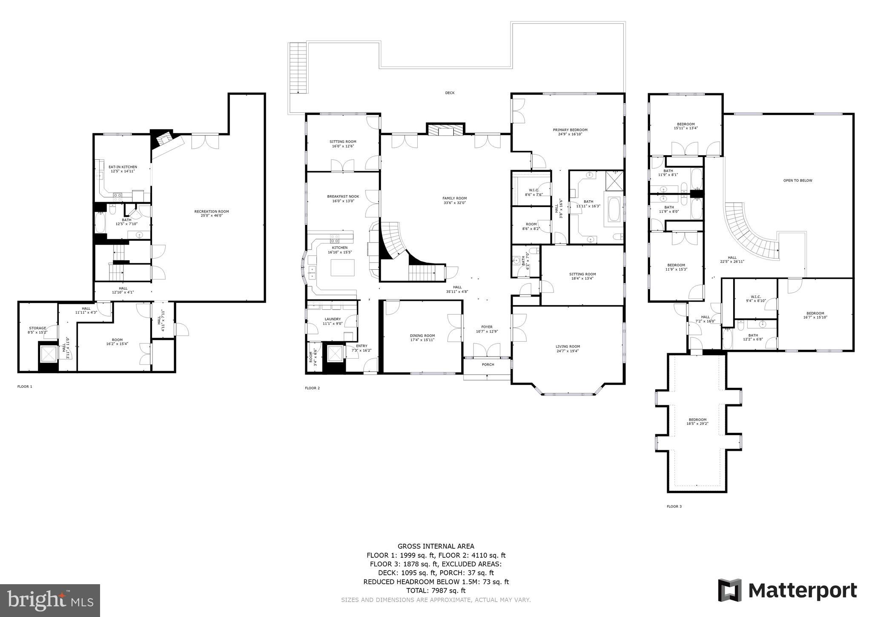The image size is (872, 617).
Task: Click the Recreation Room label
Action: pyautogui.click(x=212, y=211)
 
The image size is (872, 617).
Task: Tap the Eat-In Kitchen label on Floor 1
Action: pyautogui.click(x=123, y=167)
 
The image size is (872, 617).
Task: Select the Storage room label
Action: pyautogui.click(x=37, y=328)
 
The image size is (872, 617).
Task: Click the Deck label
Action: pyautogui.click(x=450, y=93)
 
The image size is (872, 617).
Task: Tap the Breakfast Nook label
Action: pyautogui.click(x=343, y=196)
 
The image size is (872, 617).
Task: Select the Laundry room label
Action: pyautogui.click(x=333, y=319)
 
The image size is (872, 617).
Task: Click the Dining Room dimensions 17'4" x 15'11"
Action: pyautogui.click(x=422, y=340)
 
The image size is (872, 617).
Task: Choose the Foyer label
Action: pyautogui.click(x=487, y=327)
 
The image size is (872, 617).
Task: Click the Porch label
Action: pyautogui.click(x=488, y=364)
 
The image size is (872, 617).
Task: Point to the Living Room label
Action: pyautogui.click(x=568, y=346)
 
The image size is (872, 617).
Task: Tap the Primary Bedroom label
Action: pyautogui.click(x=570, y=130)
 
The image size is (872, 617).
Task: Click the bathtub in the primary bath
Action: pyautogui.click(x=614, y=209)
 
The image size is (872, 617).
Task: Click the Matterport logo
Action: pyautogui.click(x=787, y=591)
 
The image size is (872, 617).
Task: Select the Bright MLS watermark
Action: pyautogui.click(x=50, y=600)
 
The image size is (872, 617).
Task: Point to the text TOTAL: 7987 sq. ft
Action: pyautogui.click(x=436, y=591)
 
